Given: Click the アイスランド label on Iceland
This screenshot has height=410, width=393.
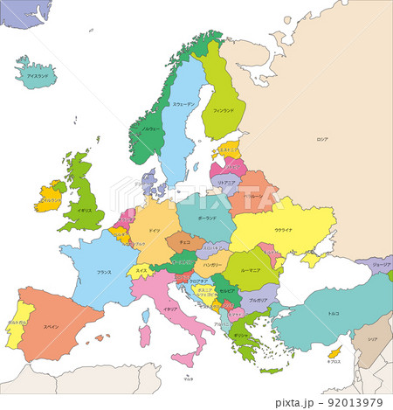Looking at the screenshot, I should [x=38, y=76].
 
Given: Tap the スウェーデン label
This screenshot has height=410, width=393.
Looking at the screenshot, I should [x=183, y=104].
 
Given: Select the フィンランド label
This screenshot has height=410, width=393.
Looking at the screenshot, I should [x=224, y=111].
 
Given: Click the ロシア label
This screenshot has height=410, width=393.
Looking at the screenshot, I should [x=322, y=139].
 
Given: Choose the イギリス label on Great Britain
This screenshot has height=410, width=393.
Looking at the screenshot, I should [x=85, y=211].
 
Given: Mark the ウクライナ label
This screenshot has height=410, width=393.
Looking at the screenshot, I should [x=284, y=229].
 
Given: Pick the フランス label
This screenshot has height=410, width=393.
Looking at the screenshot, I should [x=103, y=272].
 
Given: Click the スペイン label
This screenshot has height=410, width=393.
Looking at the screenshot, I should [x=52, y=326].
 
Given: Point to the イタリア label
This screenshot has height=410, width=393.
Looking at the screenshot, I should [x=171, y=309].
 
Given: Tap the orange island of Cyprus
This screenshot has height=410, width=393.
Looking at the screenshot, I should [x=334, y=355].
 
